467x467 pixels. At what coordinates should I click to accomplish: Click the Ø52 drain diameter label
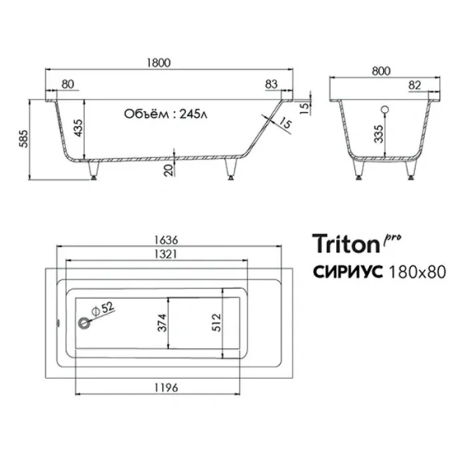105,309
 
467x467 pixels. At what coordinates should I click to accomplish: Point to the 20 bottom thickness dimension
169,170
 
